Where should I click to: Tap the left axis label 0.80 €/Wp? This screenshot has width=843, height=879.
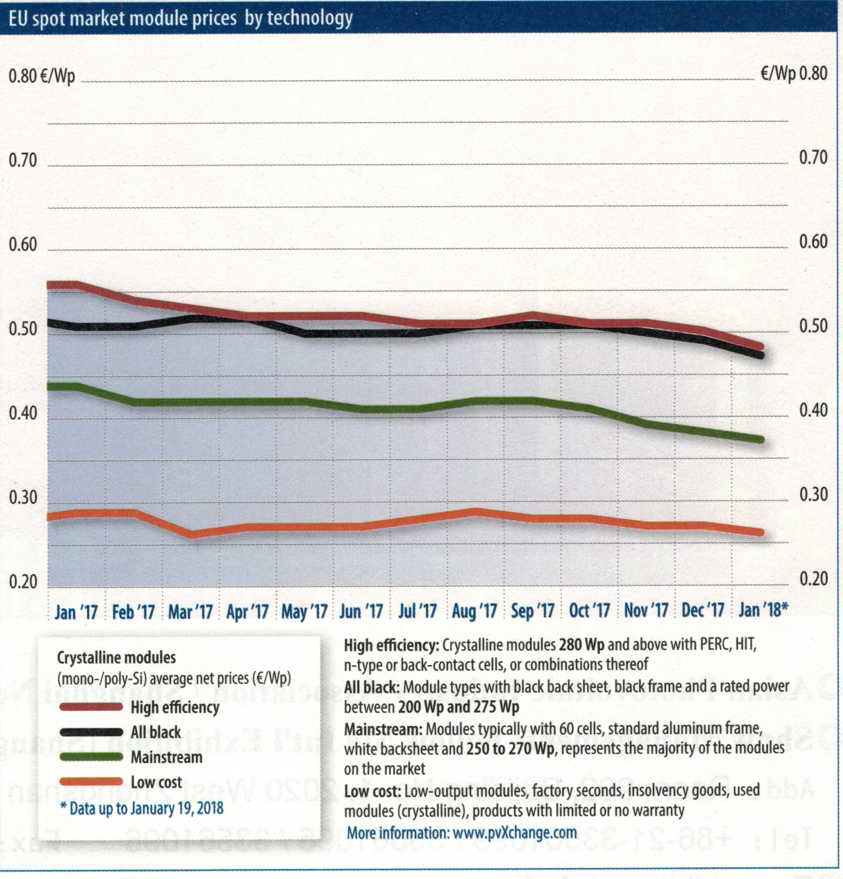pos(42,76)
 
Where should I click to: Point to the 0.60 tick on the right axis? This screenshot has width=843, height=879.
pos(813,242)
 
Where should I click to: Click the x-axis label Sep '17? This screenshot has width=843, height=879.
pos(532,611)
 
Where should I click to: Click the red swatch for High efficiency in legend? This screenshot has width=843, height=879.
pos(91,707)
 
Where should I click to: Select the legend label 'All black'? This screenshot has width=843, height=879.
pos(156,732)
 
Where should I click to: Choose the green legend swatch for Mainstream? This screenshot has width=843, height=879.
pos(91,757)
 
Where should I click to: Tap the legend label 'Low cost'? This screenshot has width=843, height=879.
pos(156,782)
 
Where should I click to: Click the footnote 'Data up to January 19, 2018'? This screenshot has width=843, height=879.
pos(142,808)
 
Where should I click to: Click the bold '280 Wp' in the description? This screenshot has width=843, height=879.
pos(581,646)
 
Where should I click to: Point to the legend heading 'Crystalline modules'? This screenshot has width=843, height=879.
pos(117,658)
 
